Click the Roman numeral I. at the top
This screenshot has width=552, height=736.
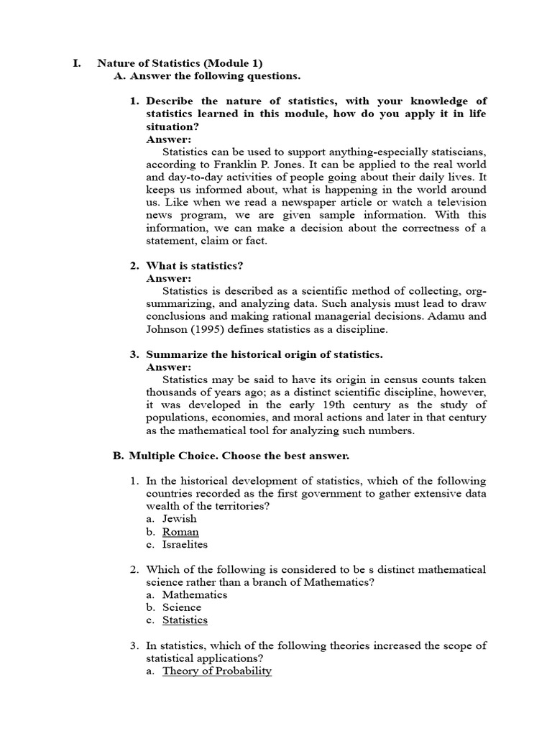click(77, 63)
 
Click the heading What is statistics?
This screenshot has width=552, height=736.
click(195, 266)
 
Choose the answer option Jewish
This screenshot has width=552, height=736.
click(179, 519)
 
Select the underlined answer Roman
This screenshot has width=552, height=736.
click(180, 532)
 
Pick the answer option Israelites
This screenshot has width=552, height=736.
click(185, 545)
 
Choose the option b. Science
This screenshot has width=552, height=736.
click(182, 607)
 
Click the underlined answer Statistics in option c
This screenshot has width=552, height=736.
click(185, 620)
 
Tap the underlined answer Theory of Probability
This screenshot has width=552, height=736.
click(217, 671)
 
